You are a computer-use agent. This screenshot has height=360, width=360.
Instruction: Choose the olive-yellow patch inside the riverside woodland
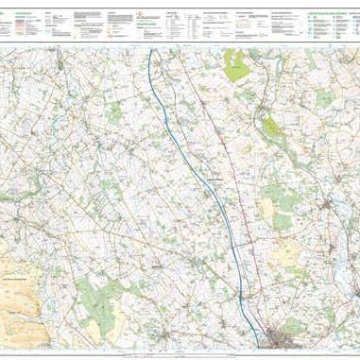(272, 126)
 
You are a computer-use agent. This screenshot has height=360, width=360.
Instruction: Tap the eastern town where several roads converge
(330, 204)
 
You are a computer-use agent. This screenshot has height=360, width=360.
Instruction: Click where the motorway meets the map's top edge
(150, 49)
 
